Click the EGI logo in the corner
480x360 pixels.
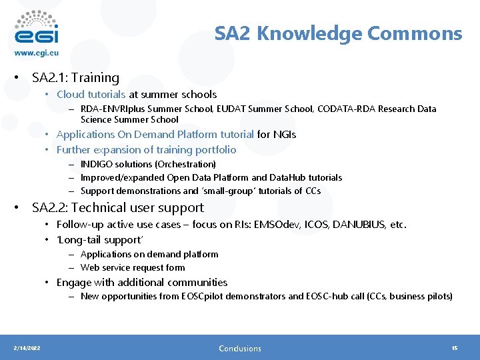tap(36, 27)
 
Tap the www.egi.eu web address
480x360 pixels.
tap(37, 53)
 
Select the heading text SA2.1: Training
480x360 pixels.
tap(75, 78)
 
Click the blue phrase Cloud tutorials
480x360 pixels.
tap(91, 95)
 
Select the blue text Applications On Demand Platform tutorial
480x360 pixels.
tap(155, 134)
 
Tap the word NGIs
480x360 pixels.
tap(285, 134)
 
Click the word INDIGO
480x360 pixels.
tap(97, 164)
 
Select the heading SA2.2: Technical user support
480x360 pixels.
tap(118, 208)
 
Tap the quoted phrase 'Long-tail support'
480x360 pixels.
tap(99, 239)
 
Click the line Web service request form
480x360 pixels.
tap(133, 267)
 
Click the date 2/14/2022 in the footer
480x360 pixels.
tap(27, 348)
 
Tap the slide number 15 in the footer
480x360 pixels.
tap(454, 348)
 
